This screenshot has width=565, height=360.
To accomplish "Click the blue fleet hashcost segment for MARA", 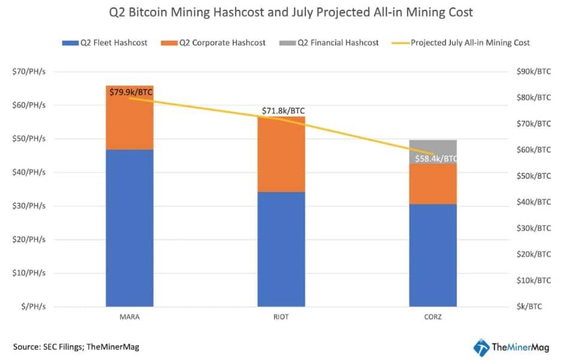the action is click(x=129, y=228).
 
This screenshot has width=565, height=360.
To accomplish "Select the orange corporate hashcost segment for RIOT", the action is click(x=281, y=154).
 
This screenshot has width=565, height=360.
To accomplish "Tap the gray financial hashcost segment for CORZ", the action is click(x=433, y=152).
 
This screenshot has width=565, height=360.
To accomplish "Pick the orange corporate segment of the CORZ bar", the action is click(x=433, y=184).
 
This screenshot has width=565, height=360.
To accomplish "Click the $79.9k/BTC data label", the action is click(x=131, y=92).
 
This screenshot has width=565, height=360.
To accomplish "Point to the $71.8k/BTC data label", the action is click(x=283, y=111).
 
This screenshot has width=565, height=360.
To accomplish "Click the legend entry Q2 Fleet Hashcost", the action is click(x=105, y=43).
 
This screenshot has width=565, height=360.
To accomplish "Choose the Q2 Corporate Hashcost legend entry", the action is click(x=213, y=43).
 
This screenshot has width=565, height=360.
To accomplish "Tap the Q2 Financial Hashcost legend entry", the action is click(x=329, y=43).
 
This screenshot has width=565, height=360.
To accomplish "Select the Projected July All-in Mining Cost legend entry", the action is click(x=461, y=43).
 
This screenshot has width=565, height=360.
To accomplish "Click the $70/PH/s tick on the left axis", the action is click(x=29, y=72).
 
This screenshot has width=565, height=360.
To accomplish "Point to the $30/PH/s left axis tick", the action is click(x=29, y=206).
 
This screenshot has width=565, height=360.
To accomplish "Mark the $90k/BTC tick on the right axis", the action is click(x=534, y=72).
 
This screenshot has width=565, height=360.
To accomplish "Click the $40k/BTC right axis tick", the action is click(x=534, y=202).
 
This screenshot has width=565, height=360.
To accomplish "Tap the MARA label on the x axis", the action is click(x=130, y=317).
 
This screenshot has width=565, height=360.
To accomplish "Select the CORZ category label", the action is click(x=433, y=317).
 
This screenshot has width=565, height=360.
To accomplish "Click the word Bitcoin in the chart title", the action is click(x=148, y=12).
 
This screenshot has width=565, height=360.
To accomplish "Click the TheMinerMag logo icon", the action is click(x=481, y=348).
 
